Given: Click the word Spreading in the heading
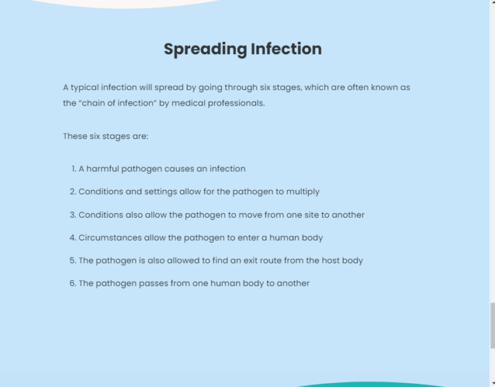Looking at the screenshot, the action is click(x=205, y=50).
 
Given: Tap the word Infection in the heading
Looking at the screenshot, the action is click(x=286, y=49).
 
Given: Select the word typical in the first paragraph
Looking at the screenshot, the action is click(x=84, y=88).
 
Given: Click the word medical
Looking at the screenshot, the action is click(x=188, y=103).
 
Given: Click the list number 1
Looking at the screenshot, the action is click(x=74, y=169).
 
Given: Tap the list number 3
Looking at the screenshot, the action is click(x=73, y=215).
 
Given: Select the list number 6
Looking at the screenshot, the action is click(x=73, y=283).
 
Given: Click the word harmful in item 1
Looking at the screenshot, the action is click(x=102, y=169).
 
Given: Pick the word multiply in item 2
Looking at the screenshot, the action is click(x=303, y=192).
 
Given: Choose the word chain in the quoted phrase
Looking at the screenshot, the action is click(x=93, y=103).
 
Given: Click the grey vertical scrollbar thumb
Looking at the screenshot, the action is click(x=492, y=325).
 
